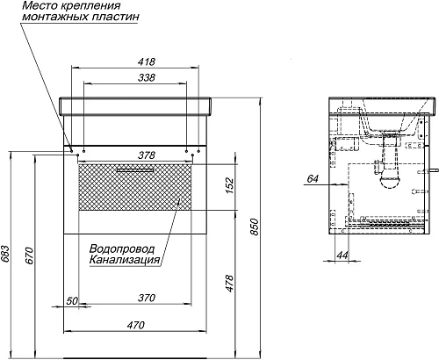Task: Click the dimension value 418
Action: tap(147, 61)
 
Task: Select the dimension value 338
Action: tap(147, 77)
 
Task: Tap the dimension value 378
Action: tap(147, 155)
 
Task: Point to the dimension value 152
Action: tap(229, 185)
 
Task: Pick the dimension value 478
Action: tap(229, 283)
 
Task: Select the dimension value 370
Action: tap(147, 298)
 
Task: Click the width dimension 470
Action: tap(136, 325)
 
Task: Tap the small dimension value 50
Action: tap(72, 301)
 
